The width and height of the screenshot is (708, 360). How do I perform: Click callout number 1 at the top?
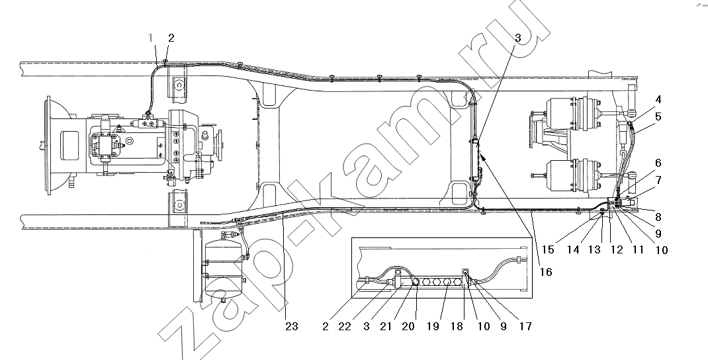(x=152, y=38)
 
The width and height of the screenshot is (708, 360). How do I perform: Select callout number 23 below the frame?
(x=292, y=326)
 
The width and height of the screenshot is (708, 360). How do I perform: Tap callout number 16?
(x=546, y=272)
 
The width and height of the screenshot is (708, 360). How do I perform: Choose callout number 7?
(x=658, y=181)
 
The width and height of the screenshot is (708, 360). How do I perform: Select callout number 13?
(x=595, y=249)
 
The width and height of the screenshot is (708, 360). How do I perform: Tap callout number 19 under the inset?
(x=433, y=326)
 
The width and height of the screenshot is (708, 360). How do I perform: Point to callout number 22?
(x=345, y=326)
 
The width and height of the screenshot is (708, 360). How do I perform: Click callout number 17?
(x=525, y=326)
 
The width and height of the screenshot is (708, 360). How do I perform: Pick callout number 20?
(x=408, y=326)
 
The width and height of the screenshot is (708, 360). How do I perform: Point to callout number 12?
(x=616, y=249)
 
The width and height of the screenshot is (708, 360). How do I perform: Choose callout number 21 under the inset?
(x=386, y=326)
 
